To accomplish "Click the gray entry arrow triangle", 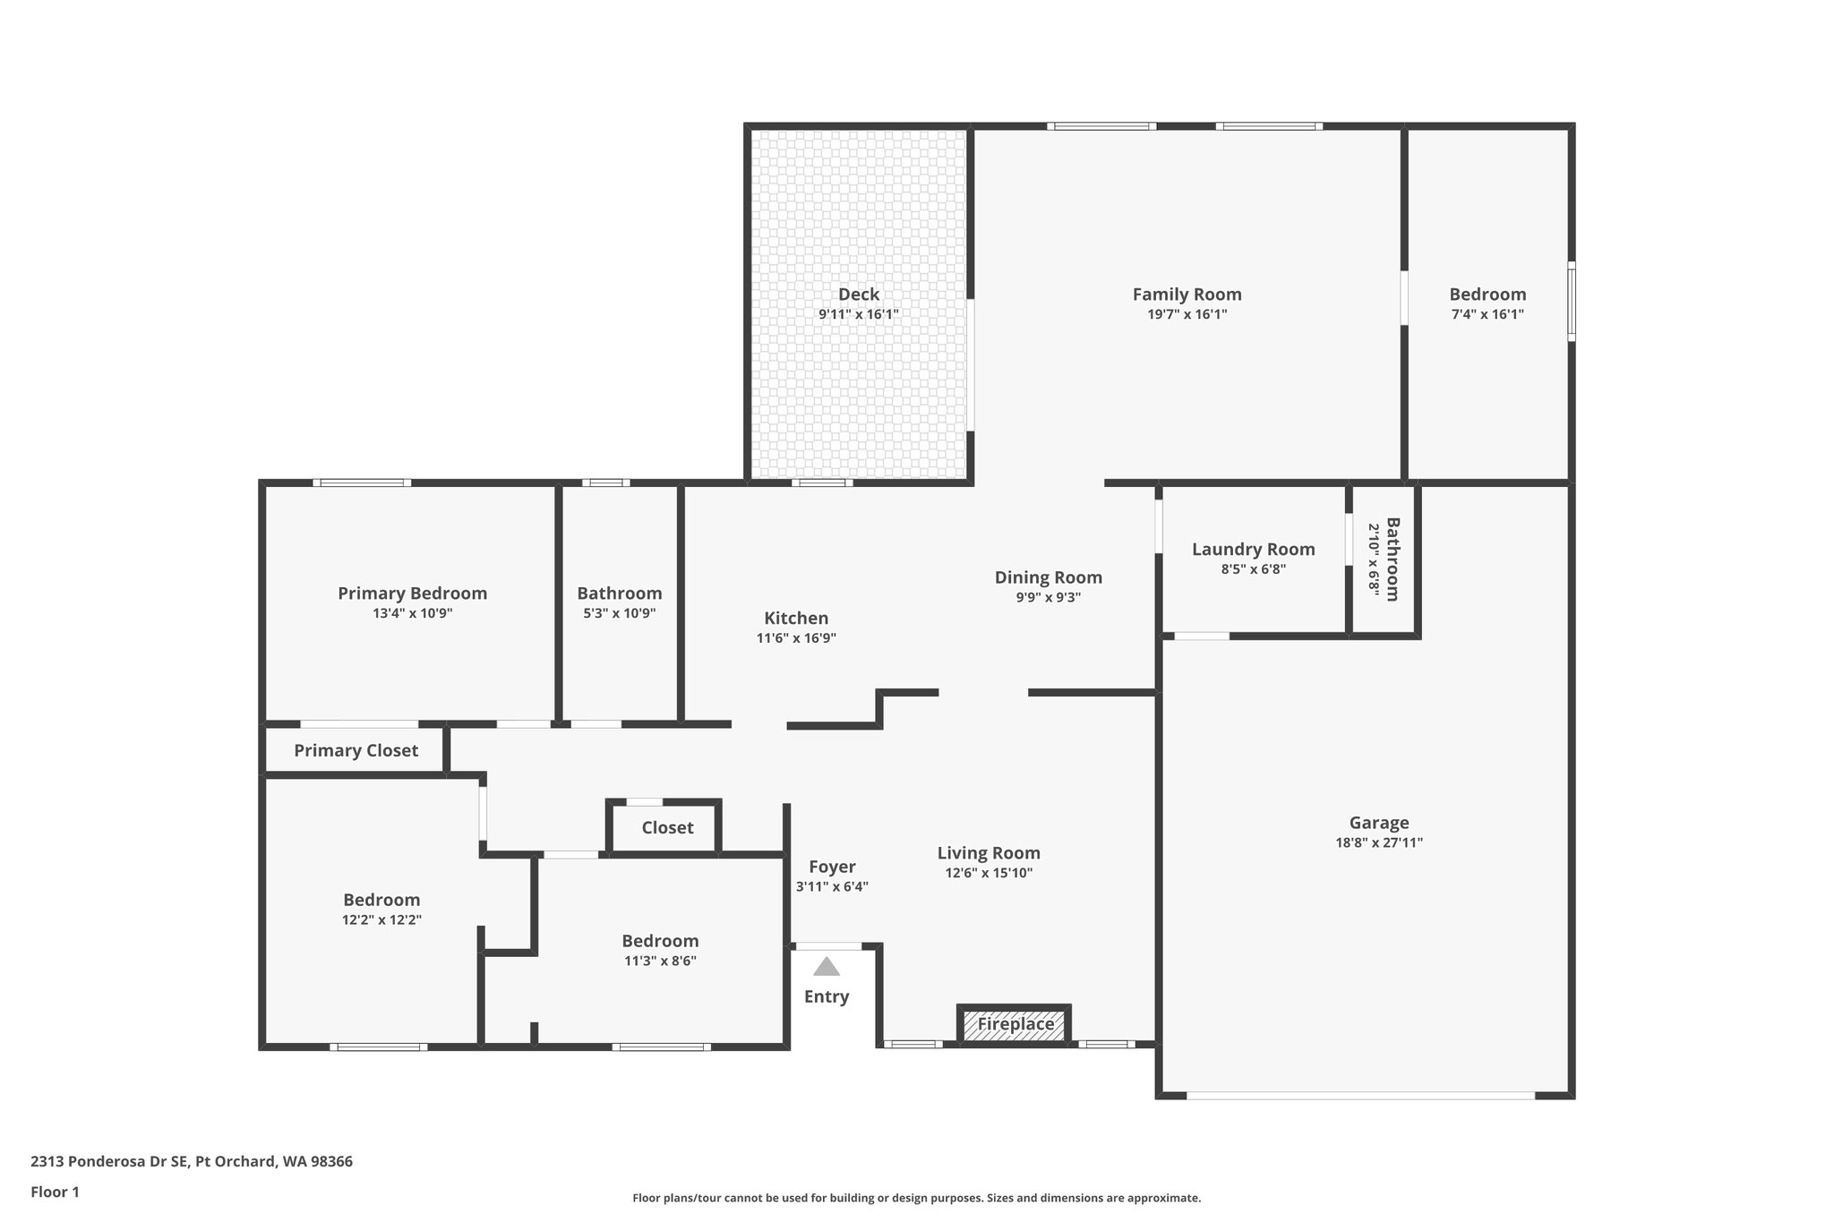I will [x=826, y=967].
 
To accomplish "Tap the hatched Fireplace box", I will [x=1015, y=1024].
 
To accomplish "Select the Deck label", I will [x=858, y=295].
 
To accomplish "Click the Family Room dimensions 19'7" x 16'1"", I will [x=1187, y=314].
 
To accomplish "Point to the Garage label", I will [x=1378, y=823].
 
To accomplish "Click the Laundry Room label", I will [x=1253, y=550].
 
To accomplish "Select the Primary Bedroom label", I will [x=412, y=594].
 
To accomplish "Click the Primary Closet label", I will [x=356, y=751].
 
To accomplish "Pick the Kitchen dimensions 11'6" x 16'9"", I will [x=796, y=638].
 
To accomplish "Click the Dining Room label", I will [x=1048, y=577].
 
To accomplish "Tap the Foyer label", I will [x=832, y=867].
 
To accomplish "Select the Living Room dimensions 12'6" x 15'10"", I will [x=989, y=873].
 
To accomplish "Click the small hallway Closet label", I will [x=667, y=828].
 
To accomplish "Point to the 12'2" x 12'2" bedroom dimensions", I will [x=381, y=919].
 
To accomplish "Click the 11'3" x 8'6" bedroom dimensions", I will [x=660, y=961].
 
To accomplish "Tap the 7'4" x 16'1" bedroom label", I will [x=1487, y=295].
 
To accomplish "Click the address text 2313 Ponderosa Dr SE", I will [x=109, y=1162].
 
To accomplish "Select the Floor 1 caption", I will [x=56, y=1192].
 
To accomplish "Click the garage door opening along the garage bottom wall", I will [x=1360, y=1095].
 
